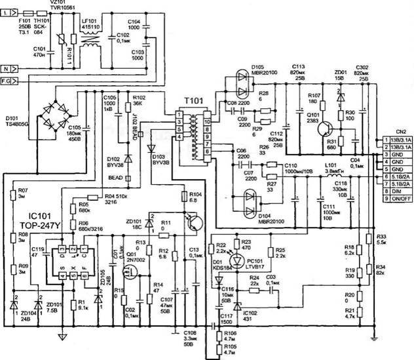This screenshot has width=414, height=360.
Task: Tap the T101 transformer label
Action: click(x=193, y=103)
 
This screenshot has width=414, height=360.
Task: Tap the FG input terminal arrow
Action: click(x=13, y=81)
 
